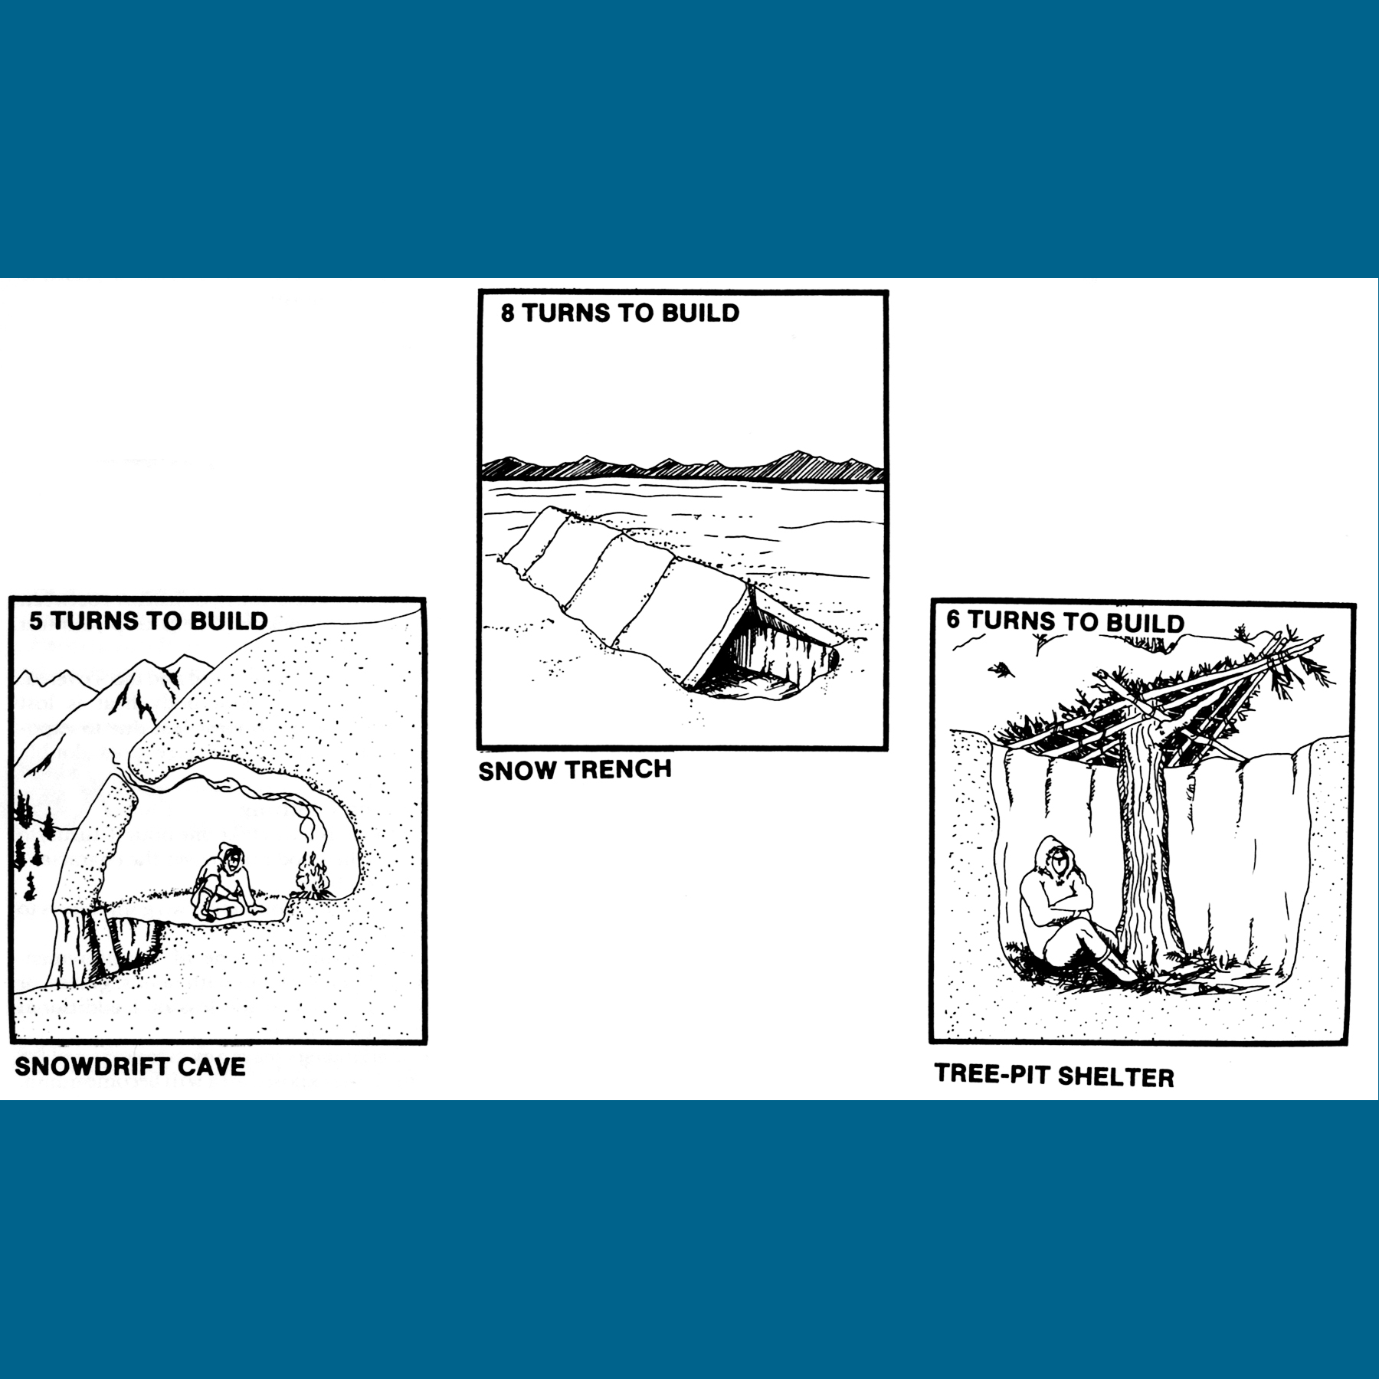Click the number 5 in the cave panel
coord(36,620)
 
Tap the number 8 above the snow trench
coord(508,313)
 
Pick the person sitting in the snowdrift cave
coord(225,883)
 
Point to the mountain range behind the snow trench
coord(683,466)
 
